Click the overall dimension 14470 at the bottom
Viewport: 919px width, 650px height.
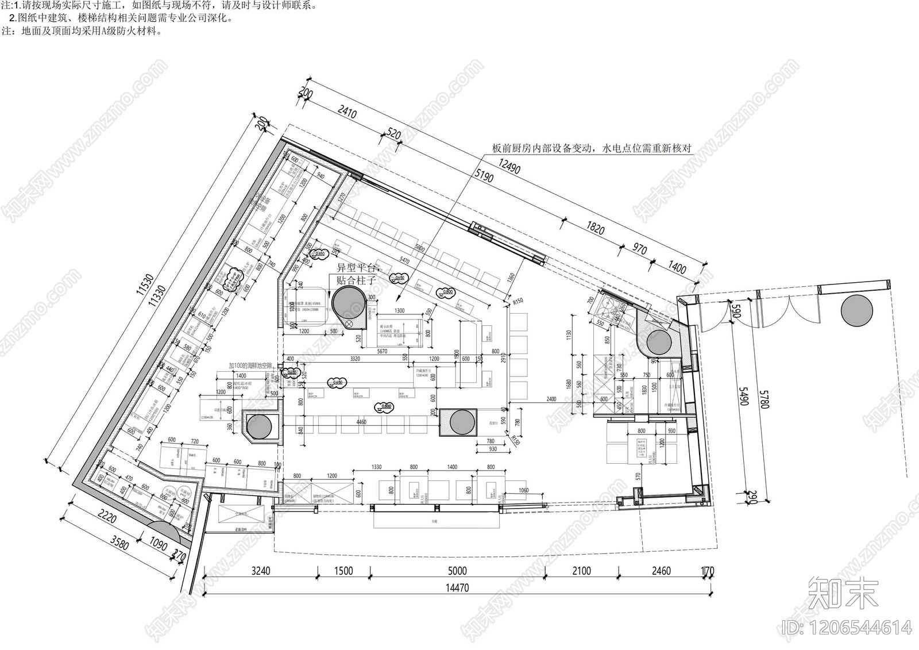coord(457,588)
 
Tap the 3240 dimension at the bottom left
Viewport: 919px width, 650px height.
coord(261,571)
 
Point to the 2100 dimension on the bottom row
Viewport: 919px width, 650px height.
coord(581,571)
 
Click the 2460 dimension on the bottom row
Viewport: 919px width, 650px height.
coord(661,571)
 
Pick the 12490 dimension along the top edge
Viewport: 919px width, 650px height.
coord(509,167)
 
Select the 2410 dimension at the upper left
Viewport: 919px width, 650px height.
coord(347,111)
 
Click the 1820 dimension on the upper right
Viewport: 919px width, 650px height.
coord(595,229)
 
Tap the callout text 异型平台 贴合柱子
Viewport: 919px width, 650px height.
coord(356,274)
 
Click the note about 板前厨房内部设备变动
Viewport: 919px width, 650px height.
coord(592,148)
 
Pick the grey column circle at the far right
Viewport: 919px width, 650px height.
coord(856,311)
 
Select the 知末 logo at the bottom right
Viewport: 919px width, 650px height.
coord(843,593)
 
